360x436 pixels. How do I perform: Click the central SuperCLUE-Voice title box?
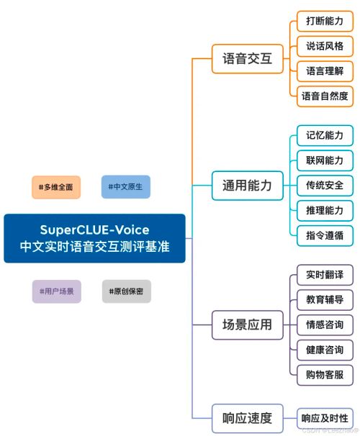tap(94, 238)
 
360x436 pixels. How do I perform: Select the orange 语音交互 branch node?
tap(246, 59)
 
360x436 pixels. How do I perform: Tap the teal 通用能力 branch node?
tap(246, 186)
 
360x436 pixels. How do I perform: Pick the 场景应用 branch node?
tap(246, 324)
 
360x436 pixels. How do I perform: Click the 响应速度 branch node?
tap(246, 417)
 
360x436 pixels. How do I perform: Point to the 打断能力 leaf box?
tap(325, 22)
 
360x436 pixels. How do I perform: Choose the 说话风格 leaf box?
tap(325, 46)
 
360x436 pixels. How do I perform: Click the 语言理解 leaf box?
tap(325, 71)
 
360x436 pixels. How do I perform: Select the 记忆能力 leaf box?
tap(325, 135)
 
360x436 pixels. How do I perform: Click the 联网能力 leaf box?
tap(325, 160)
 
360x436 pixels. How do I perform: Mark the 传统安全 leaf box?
tap(325, 185)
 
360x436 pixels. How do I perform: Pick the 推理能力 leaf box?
tap(325, 209)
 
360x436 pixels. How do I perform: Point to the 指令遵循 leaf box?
tap(325, 234)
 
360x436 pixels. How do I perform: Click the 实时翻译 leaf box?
tap(325, 275)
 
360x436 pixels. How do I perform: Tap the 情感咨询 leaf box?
tap(325, 324)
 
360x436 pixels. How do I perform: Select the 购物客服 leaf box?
tap(325, 373)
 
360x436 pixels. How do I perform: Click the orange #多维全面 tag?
tap(55, 187)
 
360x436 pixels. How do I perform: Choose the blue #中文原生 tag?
tap(126, 187)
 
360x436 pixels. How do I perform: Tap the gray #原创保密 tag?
tap(126, 291)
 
